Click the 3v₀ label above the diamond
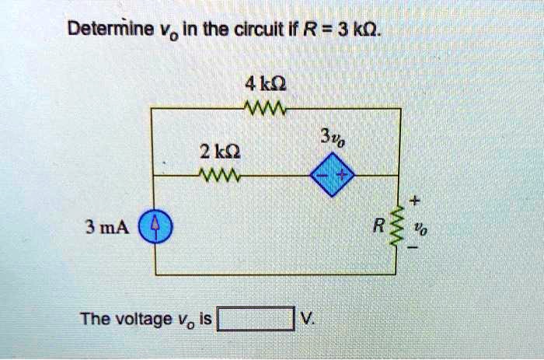click(329, 142)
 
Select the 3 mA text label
click(106, 228)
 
